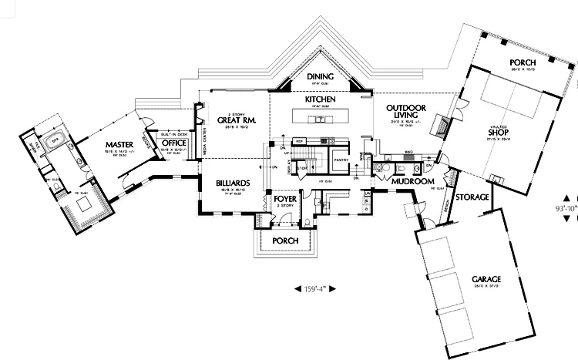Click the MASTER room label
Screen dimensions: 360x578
click(120, 144)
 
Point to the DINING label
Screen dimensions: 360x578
click(319, 76)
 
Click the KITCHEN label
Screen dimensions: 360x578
click(320, 100)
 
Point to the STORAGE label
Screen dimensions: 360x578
click(472, 197)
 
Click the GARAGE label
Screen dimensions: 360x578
click(477, 278)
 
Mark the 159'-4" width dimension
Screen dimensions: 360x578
click(317, 288)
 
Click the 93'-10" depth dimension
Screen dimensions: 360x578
click(566, 208)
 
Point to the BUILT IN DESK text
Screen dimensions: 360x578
click(173, 133)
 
